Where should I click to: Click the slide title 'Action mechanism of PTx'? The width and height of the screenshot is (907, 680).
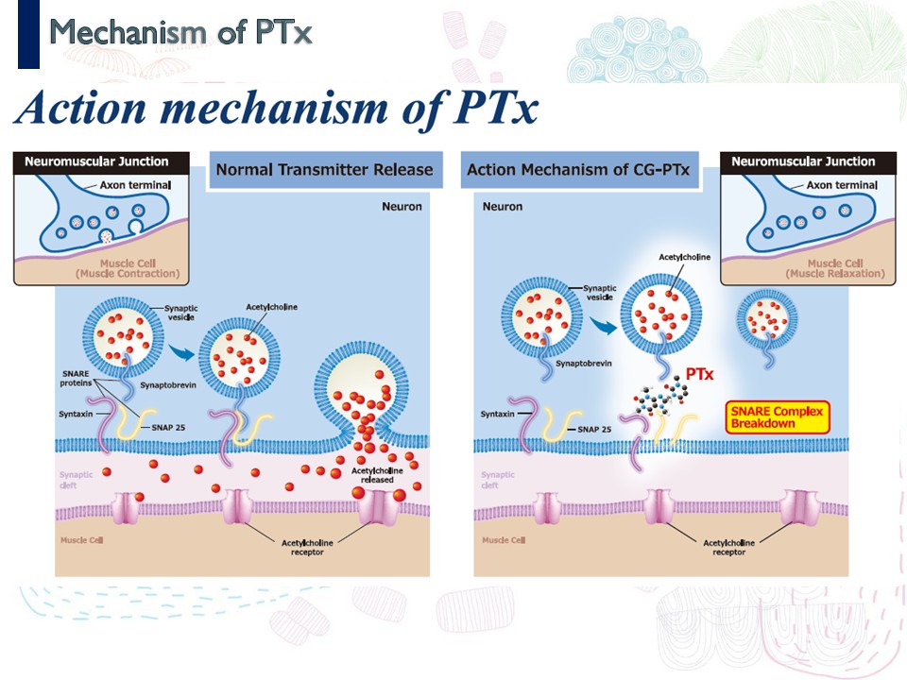click(x=275, y=109)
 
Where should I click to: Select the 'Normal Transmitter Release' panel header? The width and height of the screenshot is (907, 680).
click(x=324, y=170)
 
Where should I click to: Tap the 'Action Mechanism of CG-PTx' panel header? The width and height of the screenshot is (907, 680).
click(x=578, y=170)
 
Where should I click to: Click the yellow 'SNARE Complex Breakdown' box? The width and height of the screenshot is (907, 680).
click(x=776, y=417)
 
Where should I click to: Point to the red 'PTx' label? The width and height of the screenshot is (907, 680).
click(x=698, y=374)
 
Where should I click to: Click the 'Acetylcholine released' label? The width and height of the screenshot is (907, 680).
click(x=378, y=473)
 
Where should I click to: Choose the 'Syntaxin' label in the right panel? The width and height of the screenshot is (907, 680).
click(x=497, y=414)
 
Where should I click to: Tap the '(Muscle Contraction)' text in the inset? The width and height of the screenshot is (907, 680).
click(x=128, y=273)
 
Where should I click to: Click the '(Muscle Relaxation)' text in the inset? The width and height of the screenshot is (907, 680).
click(x=834, y=273)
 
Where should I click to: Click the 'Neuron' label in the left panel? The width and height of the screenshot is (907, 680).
click(x=402, y=206)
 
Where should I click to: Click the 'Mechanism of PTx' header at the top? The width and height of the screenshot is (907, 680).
click(x=180, y=33)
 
